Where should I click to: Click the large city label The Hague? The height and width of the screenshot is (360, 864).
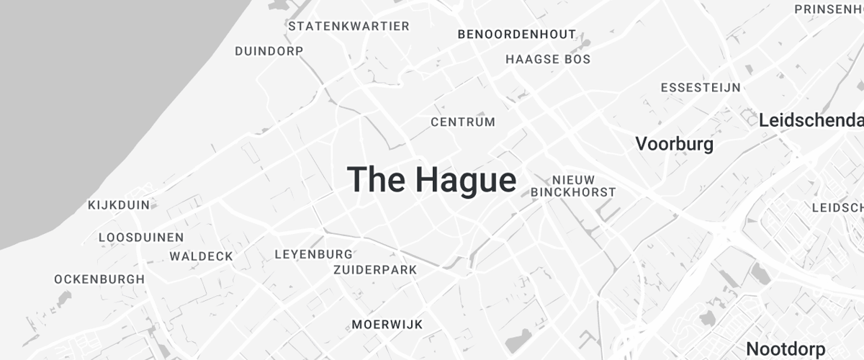[x=431, y=179]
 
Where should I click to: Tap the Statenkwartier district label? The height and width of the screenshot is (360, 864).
[x=348, y=27]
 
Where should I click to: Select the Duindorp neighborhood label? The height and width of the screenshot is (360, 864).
[x=269, y=51]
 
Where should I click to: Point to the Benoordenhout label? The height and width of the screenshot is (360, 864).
[x=517, y=34]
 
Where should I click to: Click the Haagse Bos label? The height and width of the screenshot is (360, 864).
[x=548, y=59]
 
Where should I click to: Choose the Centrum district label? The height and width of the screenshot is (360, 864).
[x=463, y=122]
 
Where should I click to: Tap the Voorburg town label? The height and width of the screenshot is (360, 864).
[x=674, y=144]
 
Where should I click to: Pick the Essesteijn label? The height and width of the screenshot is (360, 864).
[x=701, y=88]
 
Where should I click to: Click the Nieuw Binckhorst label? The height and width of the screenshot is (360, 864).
[x=573, y=186]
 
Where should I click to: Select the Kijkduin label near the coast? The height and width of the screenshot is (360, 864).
[x=119, y=205]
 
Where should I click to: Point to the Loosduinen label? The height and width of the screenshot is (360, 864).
[x=141, y=237]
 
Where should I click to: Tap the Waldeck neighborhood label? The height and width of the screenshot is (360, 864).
[x=202, y=256]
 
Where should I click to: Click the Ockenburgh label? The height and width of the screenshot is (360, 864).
[x=99, y=279]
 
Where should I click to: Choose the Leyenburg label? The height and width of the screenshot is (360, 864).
[x=314, y=254]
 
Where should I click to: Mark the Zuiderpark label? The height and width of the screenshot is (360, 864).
[x=375, y=270]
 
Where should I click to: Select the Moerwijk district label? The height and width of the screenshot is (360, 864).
[x=387, y=325]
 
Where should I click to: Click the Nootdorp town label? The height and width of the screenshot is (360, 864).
[x=786, y=349]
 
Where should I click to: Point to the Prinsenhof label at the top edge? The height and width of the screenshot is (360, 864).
[x=828, y=9]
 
